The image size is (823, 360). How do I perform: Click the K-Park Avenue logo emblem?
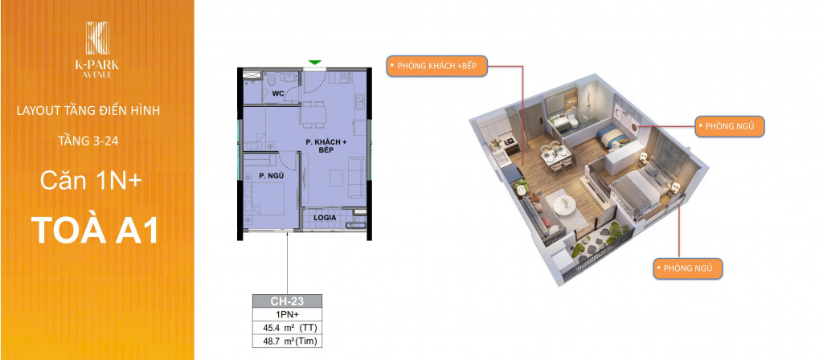pyautogui.click(x=97, y=39)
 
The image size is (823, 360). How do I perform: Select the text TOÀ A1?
pyautogui.click(x=95, y=231)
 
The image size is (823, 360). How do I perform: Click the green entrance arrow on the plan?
pyautogui.click(x=314, y=63)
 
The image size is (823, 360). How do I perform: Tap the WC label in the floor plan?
pyautogui.click(x=278, y=94)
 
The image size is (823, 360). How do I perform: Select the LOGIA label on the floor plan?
pyautogui.click(x=325, y=217)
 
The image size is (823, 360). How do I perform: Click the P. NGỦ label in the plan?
pyautogui.click(x=271, y=176)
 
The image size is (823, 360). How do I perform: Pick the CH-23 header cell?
pyautogui.click(x=287, y=301)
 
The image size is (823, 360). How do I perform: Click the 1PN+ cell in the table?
pyautogui.click(x=287, y=315)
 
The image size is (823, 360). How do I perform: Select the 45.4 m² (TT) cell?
pyautogui.click(x=287, y=329)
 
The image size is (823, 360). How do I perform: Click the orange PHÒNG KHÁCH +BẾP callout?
pyautogui.click(x=437, y=66)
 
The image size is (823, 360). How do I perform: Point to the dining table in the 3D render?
pyautogui.click(x=555, y=155)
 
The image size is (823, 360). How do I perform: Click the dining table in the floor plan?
pyautogui.click(x=314, y=113)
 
